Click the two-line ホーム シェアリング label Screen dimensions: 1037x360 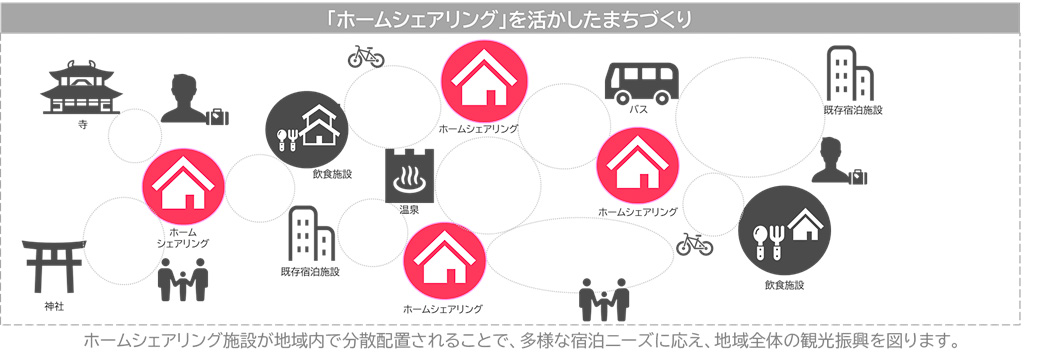[183, 236]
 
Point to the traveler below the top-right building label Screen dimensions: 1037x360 [838, 162]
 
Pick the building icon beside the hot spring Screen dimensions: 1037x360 [310, 234]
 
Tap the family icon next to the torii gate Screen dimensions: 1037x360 [183, 279]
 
